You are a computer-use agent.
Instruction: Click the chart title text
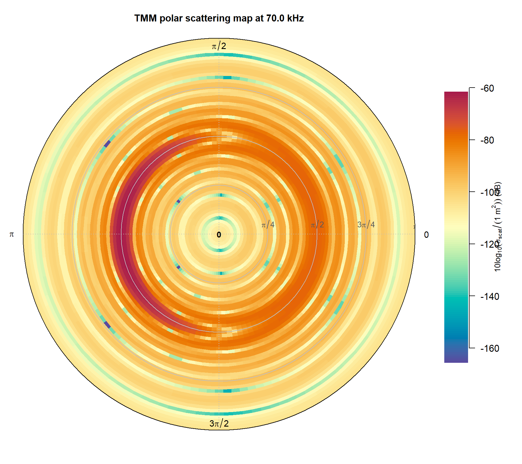click(x=219, y=18)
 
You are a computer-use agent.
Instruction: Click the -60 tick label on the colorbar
click(x=487, y=88)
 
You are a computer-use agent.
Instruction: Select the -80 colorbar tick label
click(x=487, y=140)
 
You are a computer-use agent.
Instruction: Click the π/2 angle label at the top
click(x=219, y=46)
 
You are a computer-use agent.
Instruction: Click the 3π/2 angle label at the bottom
click(x=219, y=423)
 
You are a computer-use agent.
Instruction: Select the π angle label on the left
click(x=12, y=234)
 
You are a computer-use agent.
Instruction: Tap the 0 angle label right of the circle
click(x=426, y=235)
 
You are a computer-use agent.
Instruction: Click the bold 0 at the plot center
click(x=219, y=235)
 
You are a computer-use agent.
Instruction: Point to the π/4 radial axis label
click(x=268, y=224)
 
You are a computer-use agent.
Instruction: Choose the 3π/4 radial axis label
click(x=366, y=224)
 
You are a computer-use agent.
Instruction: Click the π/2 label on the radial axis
click(x=317, y=224)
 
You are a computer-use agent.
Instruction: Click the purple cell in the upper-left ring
click(x=107, y=144)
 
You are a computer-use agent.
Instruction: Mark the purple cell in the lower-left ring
click(x=107, y=325)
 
